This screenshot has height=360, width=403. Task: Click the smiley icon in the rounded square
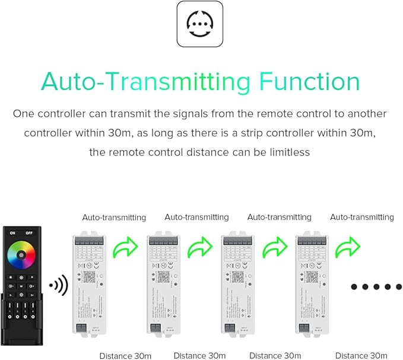pyautogui.click(x=201, y=24)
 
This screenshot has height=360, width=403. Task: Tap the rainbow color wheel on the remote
pyautogui.click(x=21, y=256)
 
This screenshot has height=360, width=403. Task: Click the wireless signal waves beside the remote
pyautogui.click(x=58, y=286)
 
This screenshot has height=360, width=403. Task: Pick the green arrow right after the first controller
pyautogui.click(x=126, y=247)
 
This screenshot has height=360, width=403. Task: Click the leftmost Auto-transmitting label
pyautogui.click(x=114, y=218)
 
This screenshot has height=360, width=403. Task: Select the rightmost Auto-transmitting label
pyautogui.click(x=362, y=218)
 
